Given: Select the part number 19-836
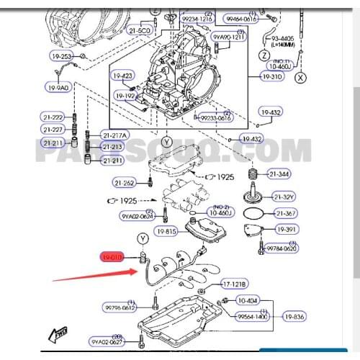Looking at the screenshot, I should coord(294,315).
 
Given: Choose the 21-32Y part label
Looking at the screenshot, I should coord(282,197).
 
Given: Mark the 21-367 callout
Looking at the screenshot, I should coord(286,213).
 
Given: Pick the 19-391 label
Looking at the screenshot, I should coord(286,230).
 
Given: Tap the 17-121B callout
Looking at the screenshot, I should coord(234,284).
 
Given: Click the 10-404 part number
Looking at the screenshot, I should coord(248,300).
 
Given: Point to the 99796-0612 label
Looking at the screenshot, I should coord(120,307).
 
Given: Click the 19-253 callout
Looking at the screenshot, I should coord(62,56).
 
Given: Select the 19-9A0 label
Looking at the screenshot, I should coord(58,87).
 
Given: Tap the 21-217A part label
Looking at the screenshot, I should coord(114,135).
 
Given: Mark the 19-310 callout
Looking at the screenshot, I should coord(273,76).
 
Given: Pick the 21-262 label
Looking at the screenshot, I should coord(124,183).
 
